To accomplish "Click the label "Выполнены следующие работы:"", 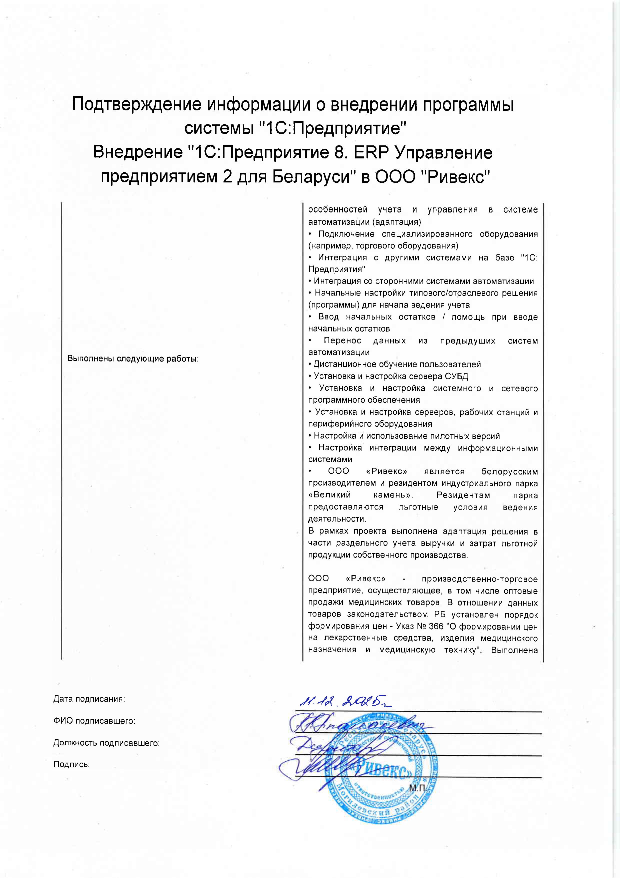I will tap(133, 359).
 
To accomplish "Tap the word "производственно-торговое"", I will tap(479, 579).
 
